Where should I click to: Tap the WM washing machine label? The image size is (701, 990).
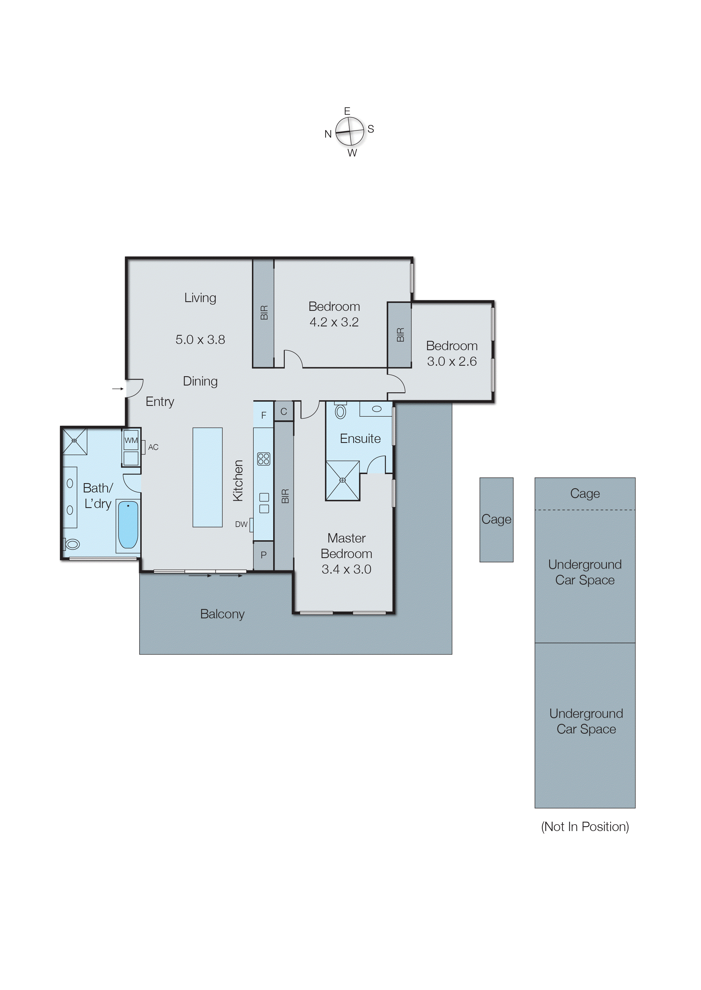click(x=131, y=440)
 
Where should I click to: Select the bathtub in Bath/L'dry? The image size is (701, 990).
click(x=128, y=525)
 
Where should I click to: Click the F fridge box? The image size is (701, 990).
click(x=264, y=415)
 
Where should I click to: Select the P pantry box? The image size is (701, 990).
click(x=263, y=555)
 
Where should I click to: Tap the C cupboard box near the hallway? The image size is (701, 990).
click(x=284, y=412)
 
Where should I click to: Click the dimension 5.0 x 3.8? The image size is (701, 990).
click(x=200, y=340)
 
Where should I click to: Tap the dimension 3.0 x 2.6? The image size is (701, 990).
click(x=452, y=361)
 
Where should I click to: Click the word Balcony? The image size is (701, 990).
click(x=222, y=614)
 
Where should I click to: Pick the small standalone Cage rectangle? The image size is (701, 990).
click(x=496, y=519)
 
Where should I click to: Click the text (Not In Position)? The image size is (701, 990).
click(x=585, y=827)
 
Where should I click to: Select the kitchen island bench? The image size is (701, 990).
click(x=207, y=477)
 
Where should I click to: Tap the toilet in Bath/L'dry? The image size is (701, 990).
click(x=72, y=544)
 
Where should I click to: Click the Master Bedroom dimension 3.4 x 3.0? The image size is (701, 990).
click(x=346, y=569)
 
